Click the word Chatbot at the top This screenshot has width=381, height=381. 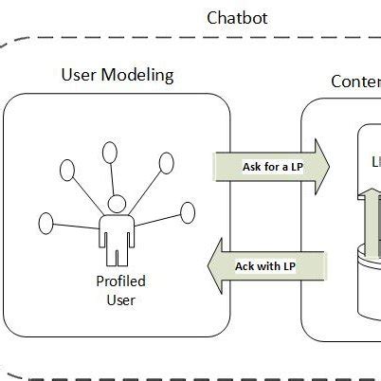click(x=237, y=18)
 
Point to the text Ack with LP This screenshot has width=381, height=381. click(x=266, y=265)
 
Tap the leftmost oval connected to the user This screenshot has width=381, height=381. click(x=46, y=225)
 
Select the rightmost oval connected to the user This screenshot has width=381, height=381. click(x=187, y=211)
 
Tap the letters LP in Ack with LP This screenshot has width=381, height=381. click(x=289, y=265)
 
